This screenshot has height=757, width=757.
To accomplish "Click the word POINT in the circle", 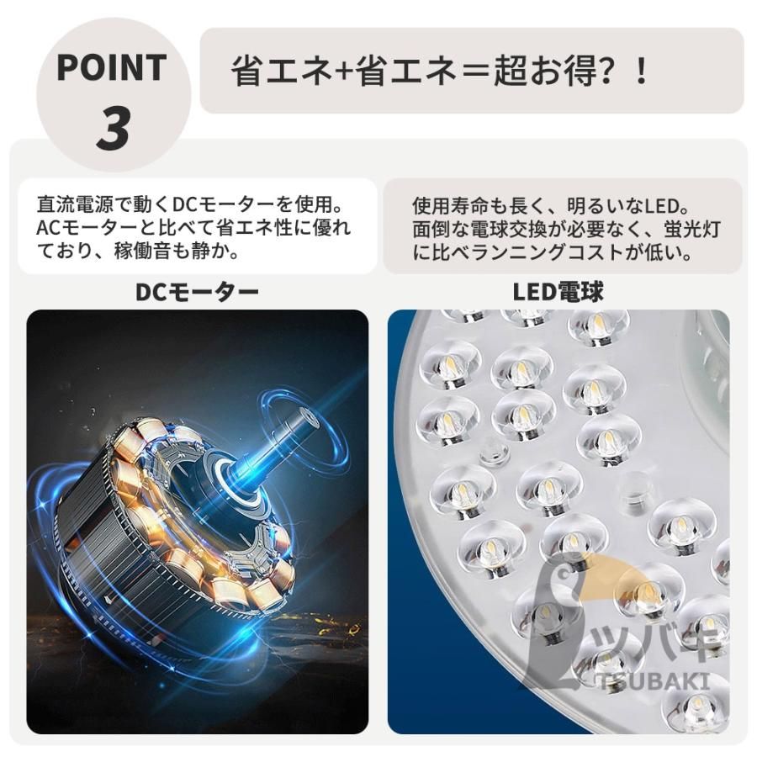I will pyautogui.click(x=111, y=68).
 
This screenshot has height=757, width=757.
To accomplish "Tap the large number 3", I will pyautogui.click(x=113, y=127).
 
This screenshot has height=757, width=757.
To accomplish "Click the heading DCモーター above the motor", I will pyautogui.click(x=197, y=292).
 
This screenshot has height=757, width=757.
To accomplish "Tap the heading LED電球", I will pyautogui.click(x=558, y=292).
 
